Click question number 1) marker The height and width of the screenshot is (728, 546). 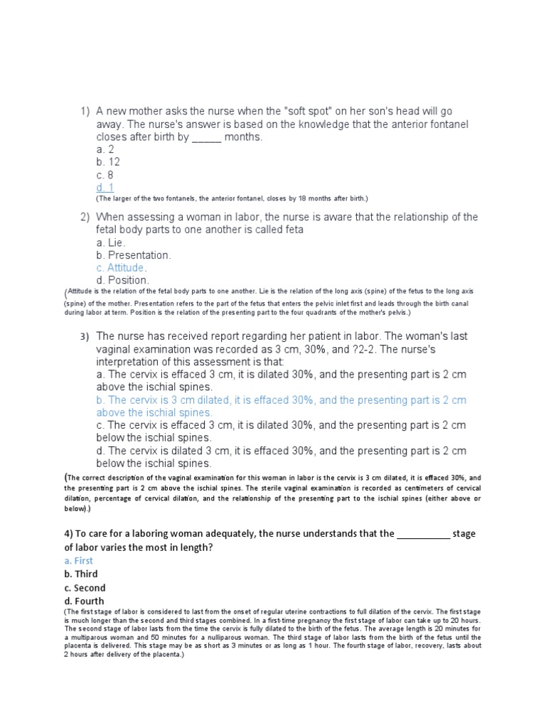point(85,112)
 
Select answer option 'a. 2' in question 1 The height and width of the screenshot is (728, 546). point(105,150)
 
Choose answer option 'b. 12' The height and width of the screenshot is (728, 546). point(108,163)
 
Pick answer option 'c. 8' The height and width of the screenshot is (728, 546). point(105,176)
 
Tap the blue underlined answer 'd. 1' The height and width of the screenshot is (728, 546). point(105,188)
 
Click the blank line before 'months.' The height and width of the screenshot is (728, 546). point(207,138)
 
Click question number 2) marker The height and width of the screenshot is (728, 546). point(85,217)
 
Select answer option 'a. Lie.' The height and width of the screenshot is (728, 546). point(112,242)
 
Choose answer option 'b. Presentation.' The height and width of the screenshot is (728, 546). point(134,255)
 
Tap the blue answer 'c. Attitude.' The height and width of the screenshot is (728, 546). point(122,268)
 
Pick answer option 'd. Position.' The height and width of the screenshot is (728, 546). point(123,281)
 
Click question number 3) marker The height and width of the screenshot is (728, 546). point(85,336)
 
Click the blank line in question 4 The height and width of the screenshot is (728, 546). point(423,534)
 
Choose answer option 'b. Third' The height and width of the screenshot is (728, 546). point(81,574)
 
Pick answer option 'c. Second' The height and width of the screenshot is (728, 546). point(85,588)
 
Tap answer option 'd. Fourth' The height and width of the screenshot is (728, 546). point(85,601)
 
